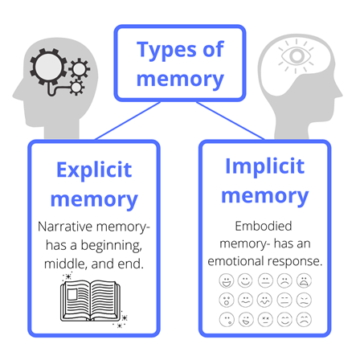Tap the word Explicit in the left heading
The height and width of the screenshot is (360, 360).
94,170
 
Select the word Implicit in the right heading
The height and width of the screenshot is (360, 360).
265,166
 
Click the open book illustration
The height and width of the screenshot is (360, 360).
91,301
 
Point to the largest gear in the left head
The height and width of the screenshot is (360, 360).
48,67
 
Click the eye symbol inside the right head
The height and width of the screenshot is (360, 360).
296,56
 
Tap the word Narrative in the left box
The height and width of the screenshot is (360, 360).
65,227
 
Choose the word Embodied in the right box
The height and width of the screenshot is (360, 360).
264,226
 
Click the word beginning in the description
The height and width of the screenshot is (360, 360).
112,246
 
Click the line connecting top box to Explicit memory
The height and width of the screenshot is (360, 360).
128,121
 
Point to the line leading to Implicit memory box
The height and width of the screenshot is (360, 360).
231,121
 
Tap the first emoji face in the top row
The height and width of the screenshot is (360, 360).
227,280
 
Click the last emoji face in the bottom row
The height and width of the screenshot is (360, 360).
304,320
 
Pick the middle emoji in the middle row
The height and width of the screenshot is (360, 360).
265,300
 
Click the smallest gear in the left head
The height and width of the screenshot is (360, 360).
76,88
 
